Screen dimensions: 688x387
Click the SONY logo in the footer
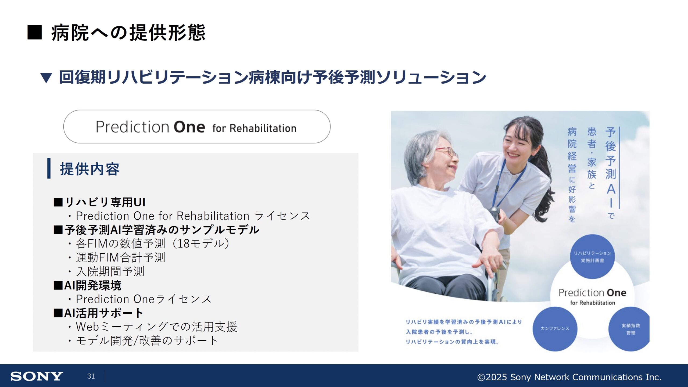[x=37, y=376]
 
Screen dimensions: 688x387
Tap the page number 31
[x=91, y=376]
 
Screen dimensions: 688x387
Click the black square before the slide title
[x=35, y=33]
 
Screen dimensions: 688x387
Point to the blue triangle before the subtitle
[x=46, y=78]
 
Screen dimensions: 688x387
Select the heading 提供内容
[x=89, y=169]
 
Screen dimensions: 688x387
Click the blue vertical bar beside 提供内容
[x=49, y=168]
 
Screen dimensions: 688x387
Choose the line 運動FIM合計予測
[x=120, y=257]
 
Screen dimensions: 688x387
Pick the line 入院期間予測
[x=110, y=271]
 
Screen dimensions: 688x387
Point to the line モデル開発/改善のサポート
[x=147, y=341]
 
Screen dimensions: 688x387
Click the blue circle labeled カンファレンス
[x=555, y=329]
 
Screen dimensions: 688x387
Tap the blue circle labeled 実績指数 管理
[x=629, y=329]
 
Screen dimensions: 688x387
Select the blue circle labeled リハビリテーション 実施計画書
[x=592, y=257]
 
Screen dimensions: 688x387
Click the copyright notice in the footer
[x=569, y=377]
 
